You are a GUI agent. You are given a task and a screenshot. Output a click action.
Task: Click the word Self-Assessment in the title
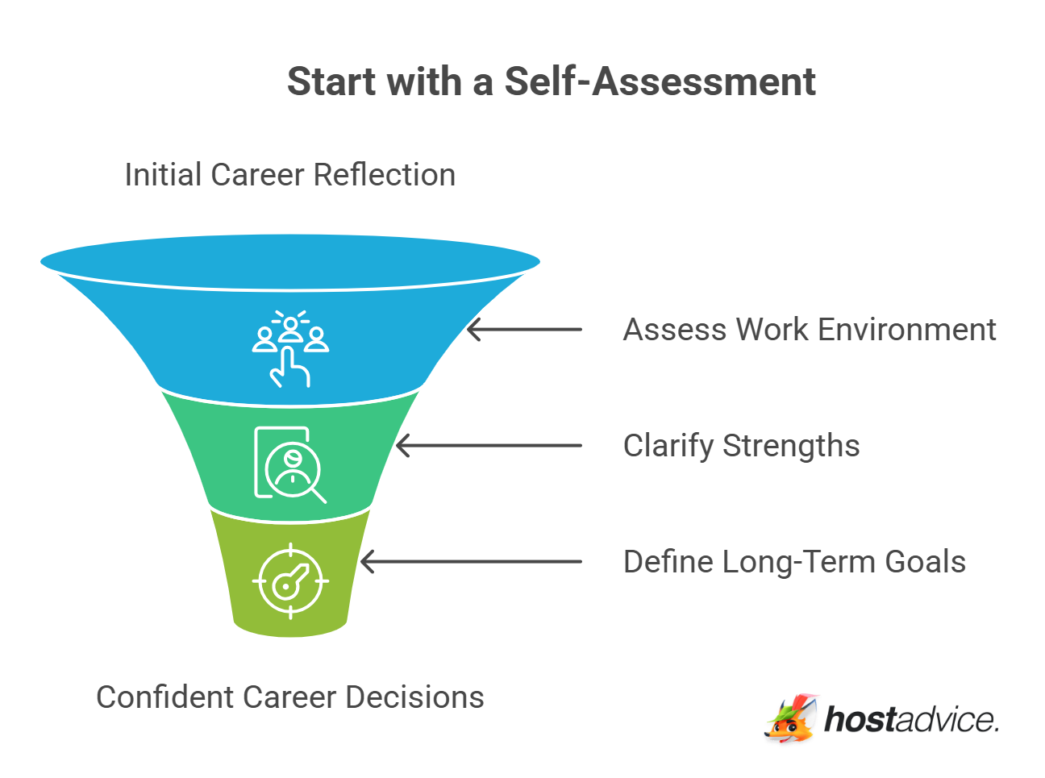pos(660,81)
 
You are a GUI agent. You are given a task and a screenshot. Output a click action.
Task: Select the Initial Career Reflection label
pos(289,175)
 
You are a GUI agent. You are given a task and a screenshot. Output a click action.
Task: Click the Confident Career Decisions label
pos(289,697)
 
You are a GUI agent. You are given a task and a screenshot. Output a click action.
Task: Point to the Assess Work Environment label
pos(810,330)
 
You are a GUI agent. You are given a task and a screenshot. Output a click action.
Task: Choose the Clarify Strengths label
pos(741,446)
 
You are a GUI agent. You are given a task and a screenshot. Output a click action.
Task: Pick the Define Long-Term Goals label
pos(794,562)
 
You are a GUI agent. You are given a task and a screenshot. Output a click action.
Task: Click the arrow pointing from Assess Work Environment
pos(524,330)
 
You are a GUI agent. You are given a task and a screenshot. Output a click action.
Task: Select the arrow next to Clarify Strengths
pos(489,446)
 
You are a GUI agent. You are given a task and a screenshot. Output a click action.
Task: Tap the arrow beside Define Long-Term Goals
pos(471,562)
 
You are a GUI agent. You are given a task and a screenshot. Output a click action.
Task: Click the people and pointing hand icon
pos(290,348)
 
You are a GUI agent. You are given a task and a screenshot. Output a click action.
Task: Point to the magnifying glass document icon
pos(289,464)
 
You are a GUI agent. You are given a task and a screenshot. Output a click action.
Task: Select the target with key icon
pos(290,580)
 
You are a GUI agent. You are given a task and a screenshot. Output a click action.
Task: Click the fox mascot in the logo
pos(791,718)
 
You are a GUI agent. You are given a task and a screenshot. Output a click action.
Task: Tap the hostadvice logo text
pos(910,719)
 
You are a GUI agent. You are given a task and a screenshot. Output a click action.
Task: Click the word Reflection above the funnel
pos(384,175)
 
